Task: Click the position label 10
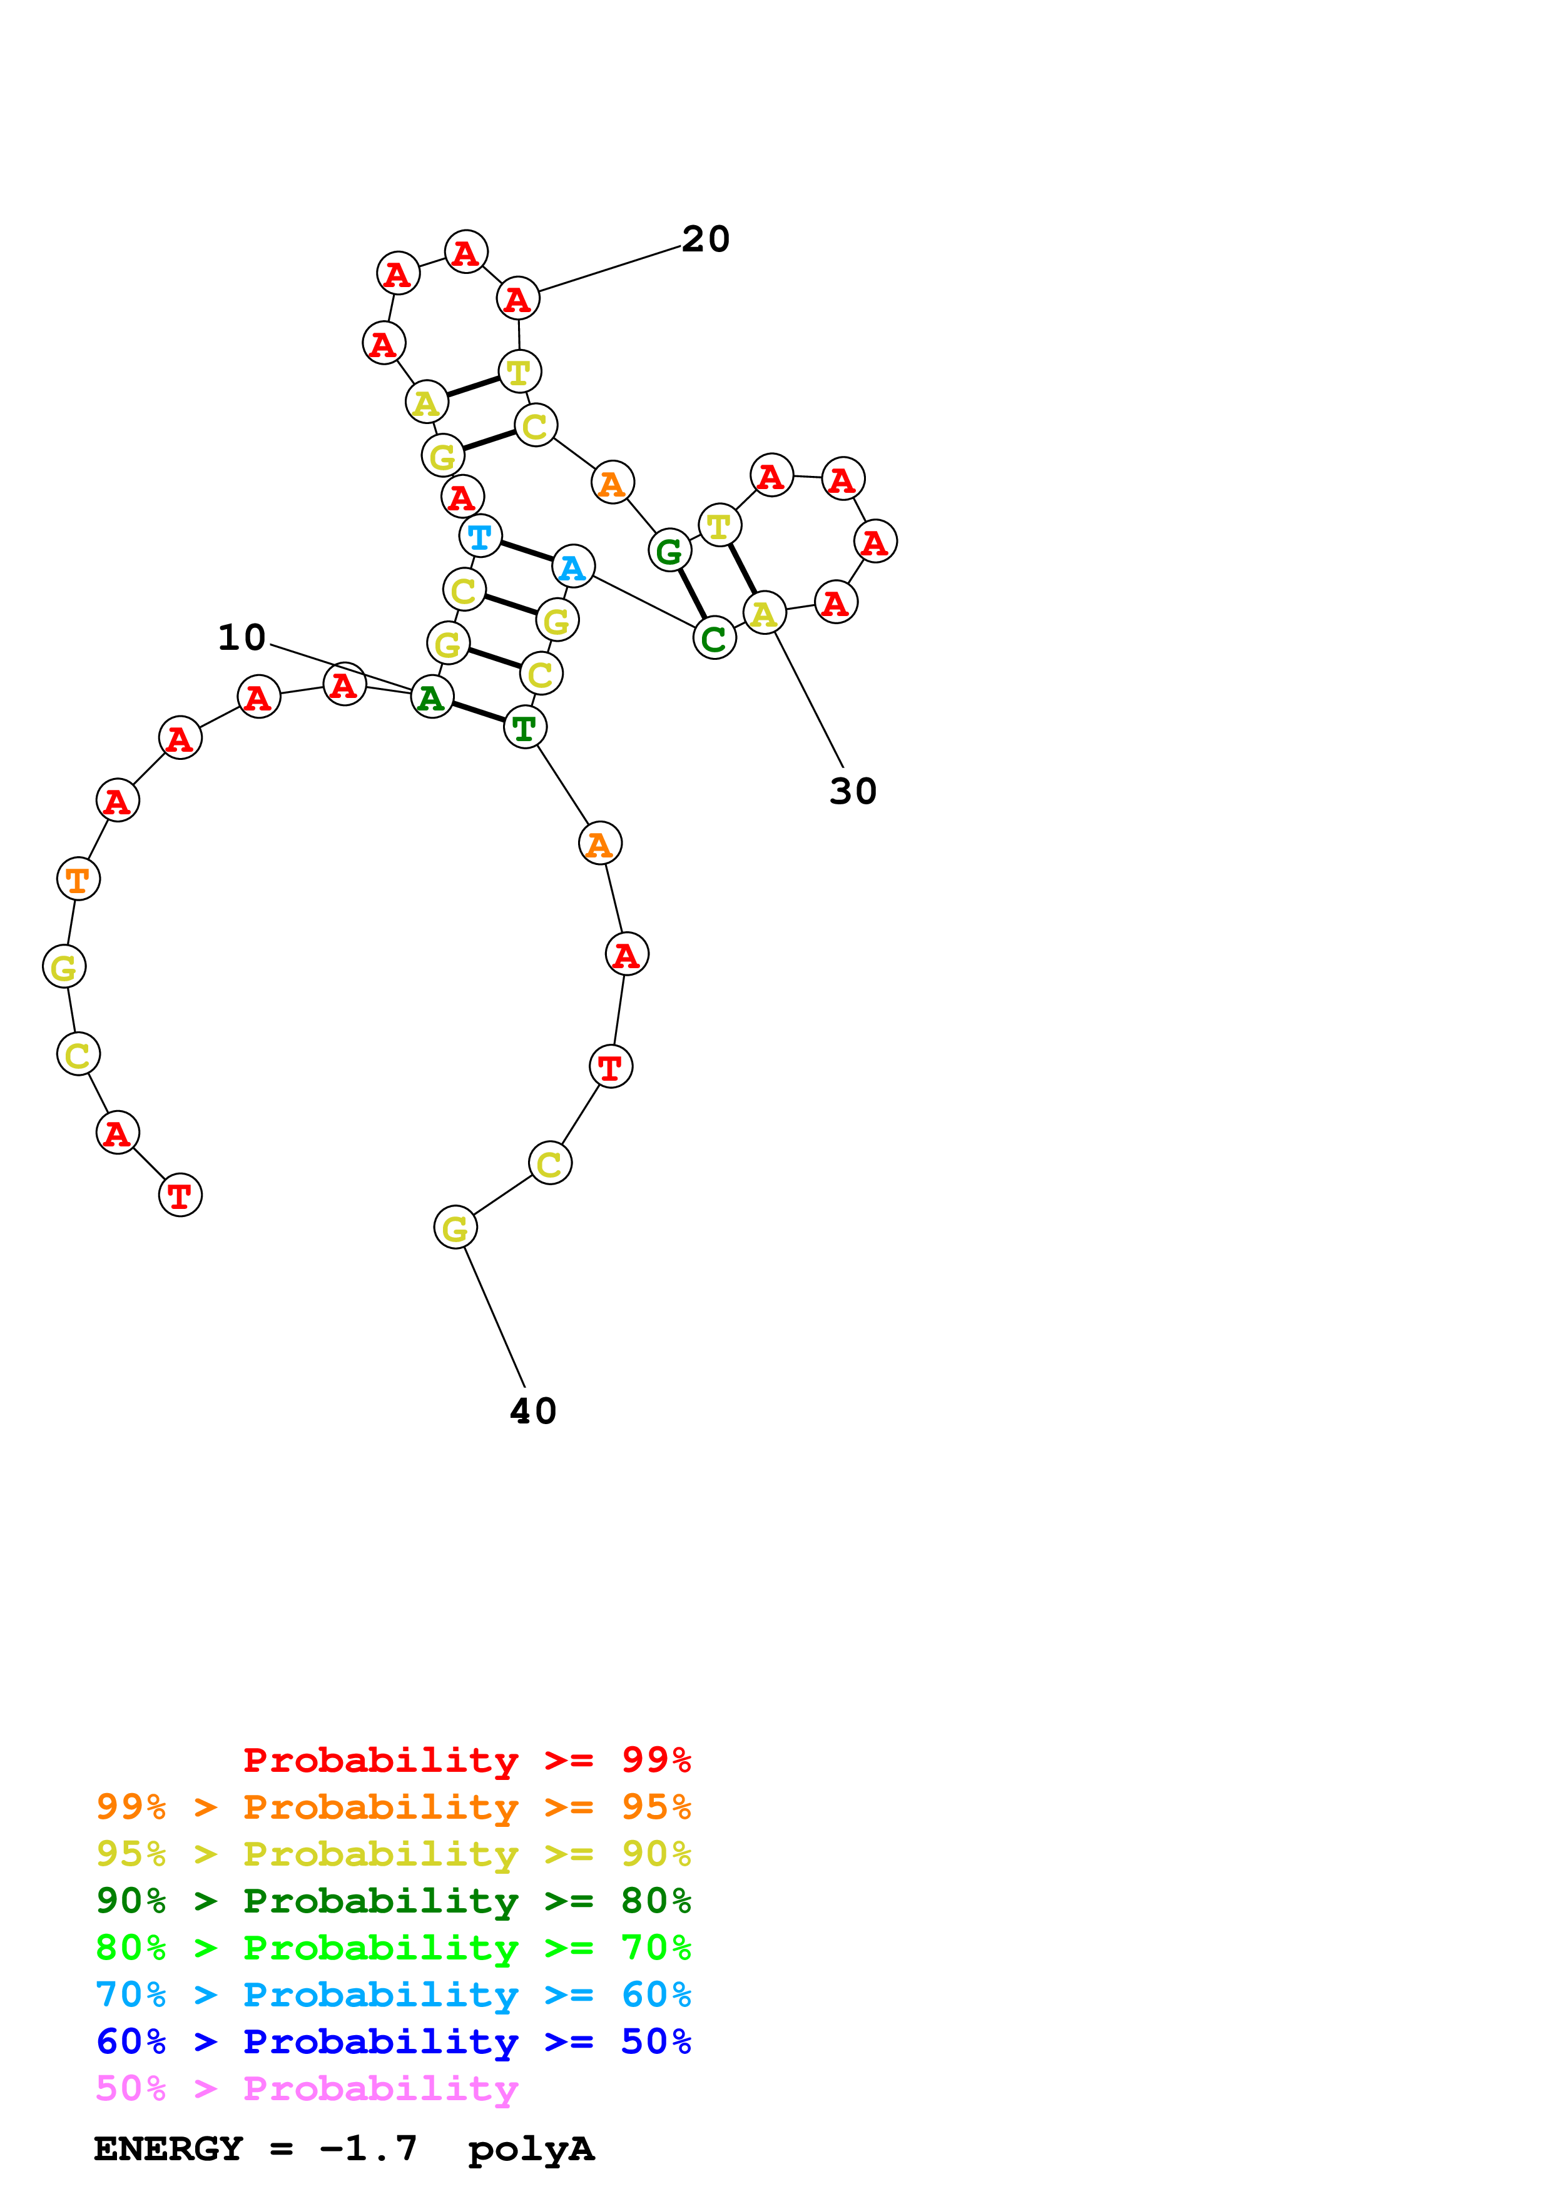pyautogui.click(x=241, y=637)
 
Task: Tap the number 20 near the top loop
pyautogui.click(x=705, y=239)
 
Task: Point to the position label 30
pyautogui.click(x=852, y=791)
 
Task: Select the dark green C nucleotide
pyautogui.click(x=714, y=639)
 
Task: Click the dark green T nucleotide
pyautogui.click(x=524, y=727)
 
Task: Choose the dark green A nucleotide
pyautogui.click(x=431, y=697)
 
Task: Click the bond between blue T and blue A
pyautogui.click(x=526, y=552)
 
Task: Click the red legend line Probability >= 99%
pyautogui.click(x=466, y=1760)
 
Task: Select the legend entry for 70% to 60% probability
pyautogui.click(x=393, y=1994)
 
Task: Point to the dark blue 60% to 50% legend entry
pyautogui.click(x=393, y=2041)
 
